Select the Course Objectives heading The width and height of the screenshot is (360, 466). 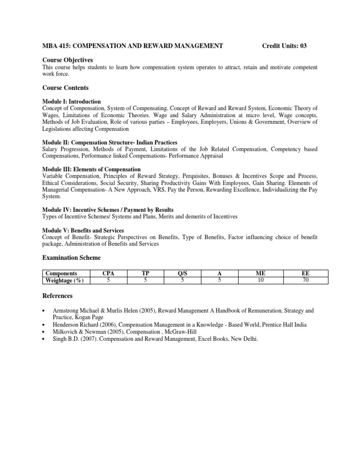pos(67,60)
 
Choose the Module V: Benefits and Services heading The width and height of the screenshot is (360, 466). pos(83,231)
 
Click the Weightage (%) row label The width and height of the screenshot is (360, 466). pos(61,280)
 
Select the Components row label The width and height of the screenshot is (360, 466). pos(61,273)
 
